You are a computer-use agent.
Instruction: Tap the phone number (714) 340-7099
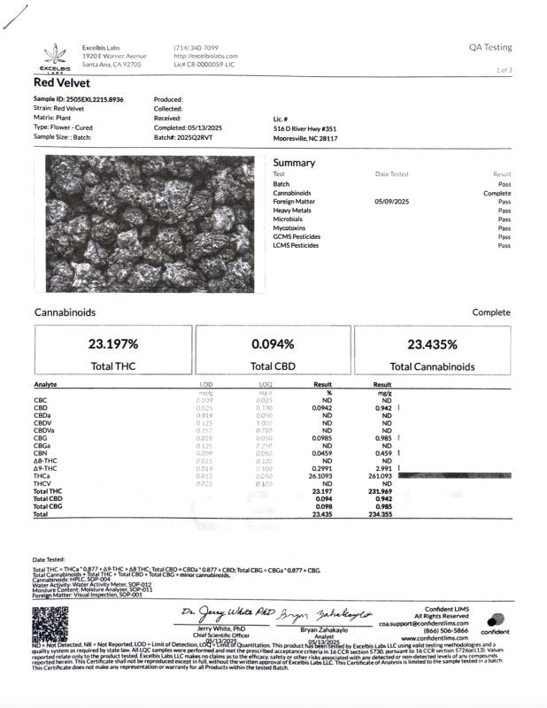click(x=196, y=47)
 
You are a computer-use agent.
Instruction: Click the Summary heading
click(x=294, y=163)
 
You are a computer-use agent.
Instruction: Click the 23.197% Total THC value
click(x=112, y=344)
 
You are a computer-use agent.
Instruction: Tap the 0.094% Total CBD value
click(x=273, y=344)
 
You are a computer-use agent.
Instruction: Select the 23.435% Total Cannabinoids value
click(x=432, y=344)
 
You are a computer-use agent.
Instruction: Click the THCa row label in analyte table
click(x=42, y=475)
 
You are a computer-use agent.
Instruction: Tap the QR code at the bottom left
click(x=50, y=624)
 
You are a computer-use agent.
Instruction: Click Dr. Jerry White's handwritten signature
click(x=216, y=612)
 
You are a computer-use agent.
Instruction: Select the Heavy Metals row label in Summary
click(x=297, y=211)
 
